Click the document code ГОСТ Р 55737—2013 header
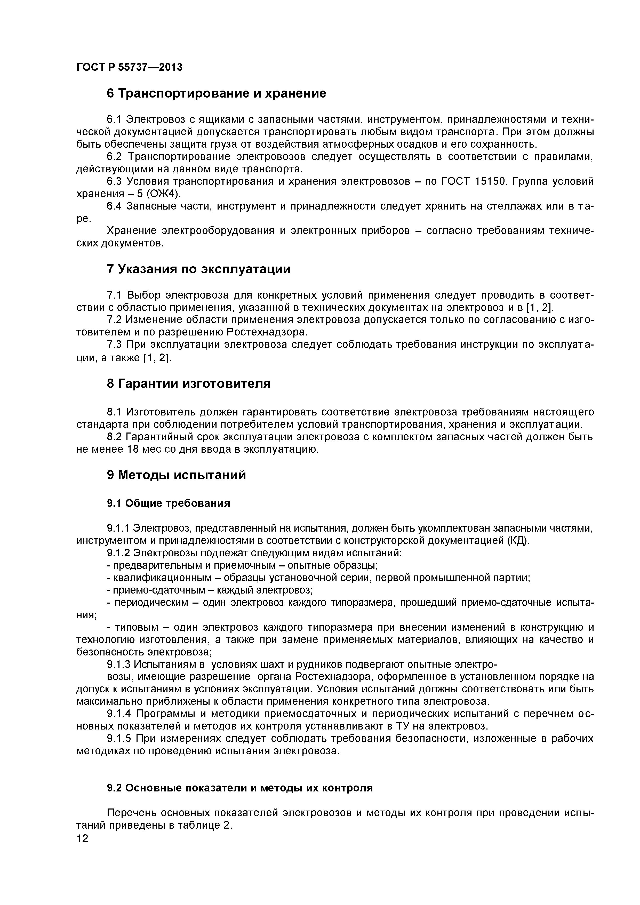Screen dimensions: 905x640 coord(129,67)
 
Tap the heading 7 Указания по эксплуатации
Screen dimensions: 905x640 coord(199,269)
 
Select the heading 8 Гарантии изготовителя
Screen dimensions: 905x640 coord(188,383)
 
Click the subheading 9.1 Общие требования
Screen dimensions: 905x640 coord(168,503)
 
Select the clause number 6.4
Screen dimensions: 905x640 coord(115,206)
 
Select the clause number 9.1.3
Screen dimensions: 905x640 coord(118,664)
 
